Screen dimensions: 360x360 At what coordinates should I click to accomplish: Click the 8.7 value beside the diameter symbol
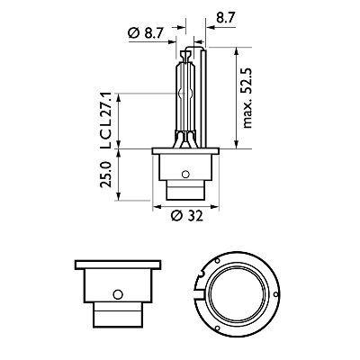pyautogui.click(x=152, y=33)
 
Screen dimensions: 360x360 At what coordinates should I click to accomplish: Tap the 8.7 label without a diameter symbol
pyautogui.click(x=225, y=15)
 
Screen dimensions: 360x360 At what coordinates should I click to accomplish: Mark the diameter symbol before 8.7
pyautogui.click(x=133, y=33)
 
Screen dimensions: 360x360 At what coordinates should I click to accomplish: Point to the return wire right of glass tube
pyautogui.click(x=204, y=99)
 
